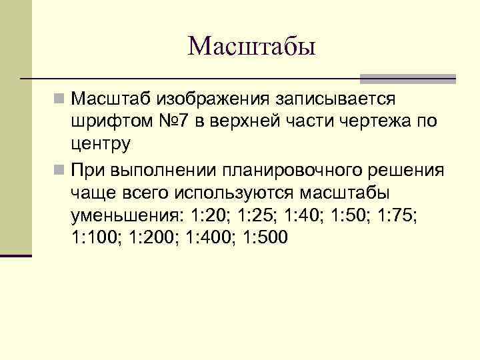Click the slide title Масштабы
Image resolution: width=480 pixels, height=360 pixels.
coord(251,47)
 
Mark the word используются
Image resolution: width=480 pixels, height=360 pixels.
coord(236,193)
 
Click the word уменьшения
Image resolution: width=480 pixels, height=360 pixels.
coord(125,215)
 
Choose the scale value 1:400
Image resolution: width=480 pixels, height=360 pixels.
coord(207,238)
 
